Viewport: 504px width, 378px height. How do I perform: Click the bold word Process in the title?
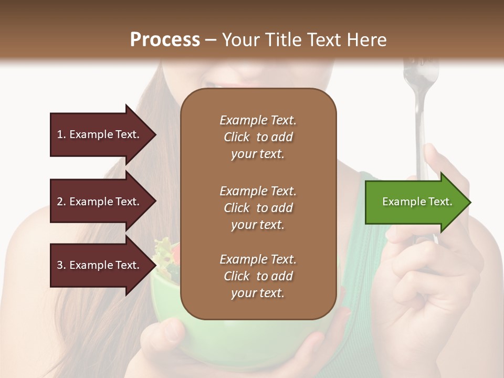pyautogui.click(x=165, y=40)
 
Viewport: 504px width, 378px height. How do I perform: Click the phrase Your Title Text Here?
pyautogui.click(x=304, y=40)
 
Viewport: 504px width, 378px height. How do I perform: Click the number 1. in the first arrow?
pyautogui.click(x=61, y=134)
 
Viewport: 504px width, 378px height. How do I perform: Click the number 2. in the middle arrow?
pyautogui.click(x=61, y=202)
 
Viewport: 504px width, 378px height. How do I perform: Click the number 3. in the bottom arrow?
pyautogui.click(x=61, y=265)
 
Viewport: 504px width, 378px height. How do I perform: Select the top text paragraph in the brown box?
pyautogui.click(x=258, y=137)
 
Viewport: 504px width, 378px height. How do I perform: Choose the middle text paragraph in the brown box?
pyautogui.click(x=258, y=207)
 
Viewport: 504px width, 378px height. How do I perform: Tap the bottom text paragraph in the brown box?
pyautogui.click(x=258, y=276)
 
